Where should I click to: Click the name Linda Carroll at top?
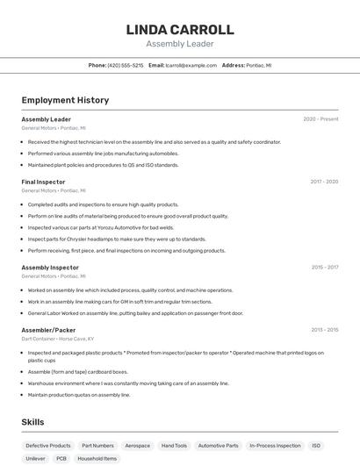[180, 29]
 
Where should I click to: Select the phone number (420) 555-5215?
[125, 65]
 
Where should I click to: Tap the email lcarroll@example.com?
[191, 65]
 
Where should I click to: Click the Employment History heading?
[65, 100]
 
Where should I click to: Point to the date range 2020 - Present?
[320, 119]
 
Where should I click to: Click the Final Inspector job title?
[43, 182]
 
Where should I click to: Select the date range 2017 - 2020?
[324, 182]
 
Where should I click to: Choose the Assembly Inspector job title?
[50, 267]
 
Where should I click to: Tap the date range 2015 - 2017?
[324, 267]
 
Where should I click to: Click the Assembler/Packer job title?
[48, 329]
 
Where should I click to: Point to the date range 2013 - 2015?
[324, 330]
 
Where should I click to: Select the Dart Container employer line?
[57, 338]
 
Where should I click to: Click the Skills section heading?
[33, 422]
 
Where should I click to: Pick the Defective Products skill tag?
[48, 446]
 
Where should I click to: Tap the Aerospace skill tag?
[137, 446]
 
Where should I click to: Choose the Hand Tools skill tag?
[174, 446]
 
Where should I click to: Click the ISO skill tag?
[316, 446]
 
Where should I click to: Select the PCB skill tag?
[61, 458]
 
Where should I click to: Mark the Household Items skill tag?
[97, 458]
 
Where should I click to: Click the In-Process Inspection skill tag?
[275, 446]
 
